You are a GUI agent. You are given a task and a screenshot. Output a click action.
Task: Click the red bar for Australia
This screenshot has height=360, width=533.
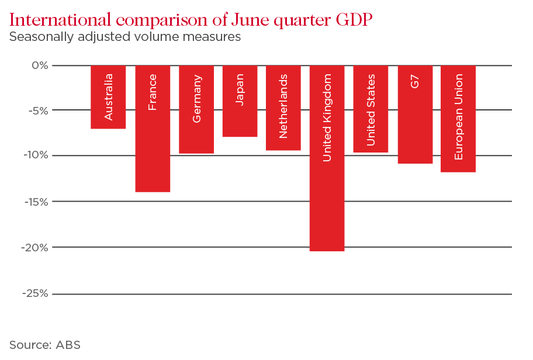point(108,96)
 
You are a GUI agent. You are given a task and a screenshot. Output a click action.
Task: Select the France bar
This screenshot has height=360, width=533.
point(153,129)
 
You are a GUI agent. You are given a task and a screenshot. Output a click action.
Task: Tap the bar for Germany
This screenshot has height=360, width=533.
point(196,109)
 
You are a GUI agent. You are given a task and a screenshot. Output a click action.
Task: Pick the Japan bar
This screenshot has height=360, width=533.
point(240,101)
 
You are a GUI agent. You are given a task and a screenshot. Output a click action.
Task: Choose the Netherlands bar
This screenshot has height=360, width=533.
point(283,108)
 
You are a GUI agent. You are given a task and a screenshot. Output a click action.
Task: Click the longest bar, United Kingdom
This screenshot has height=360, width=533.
point(327,158)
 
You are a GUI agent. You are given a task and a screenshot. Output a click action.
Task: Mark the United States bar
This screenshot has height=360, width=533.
point(371,109)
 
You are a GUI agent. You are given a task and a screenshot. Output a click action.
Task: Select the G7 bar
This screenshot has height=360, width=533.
point(415,114)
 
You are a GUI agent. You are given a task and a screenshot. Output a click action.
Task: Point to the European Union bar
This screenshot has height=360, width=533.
point(458,119)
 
